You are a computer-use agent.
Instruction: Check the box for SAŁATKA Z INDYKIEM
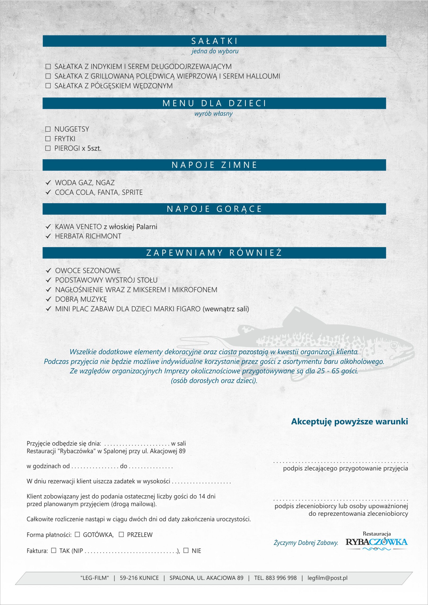point(48,67)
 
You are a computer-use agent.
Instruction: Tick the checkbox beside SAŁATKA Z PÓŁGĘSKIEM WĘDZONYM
point(48,86)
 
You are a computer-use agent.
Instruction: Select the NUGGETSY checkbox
point(48,129)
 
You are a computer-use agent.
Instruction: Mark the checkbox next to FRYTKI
point(48,139)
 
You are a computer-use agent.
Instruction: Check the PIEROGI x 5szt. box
point(48,148)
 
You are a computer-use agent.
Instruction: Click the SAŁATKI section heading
point(214,41)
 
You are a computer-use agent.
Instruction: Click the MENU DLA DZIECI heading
point(214,103)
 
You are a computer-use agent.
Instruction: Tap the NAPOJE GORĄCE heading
point(214,209)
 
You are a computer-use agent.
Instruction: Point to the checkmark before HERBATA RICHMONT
point(48,236)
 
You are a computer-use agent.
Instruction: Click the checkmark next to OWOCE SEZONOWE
point(48,271)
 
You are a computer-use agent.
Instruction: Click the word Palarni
point(147,227)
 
